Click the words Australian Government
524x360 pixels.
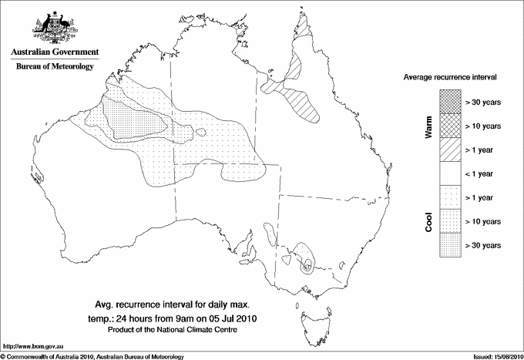click(55, 52)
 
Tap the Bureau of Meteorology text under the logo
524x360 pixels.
click(55, 66)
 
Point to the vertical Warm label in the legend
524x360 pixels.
click(429, 126)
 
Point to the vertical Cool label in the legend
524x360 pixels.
click(429, 221)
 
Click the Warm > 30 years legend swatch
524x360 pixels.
click(450, 101)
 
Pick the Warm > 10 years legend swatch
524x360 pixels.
click(450, 125)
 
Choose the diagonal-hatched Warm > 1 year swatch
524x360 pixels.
click(450, 149)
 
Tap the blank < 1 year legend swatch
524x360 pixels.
click(450, 173)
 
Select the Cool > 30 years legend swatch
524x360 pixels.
click(450, 244)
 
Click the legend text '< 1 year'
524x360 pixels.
click(479, 173)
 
